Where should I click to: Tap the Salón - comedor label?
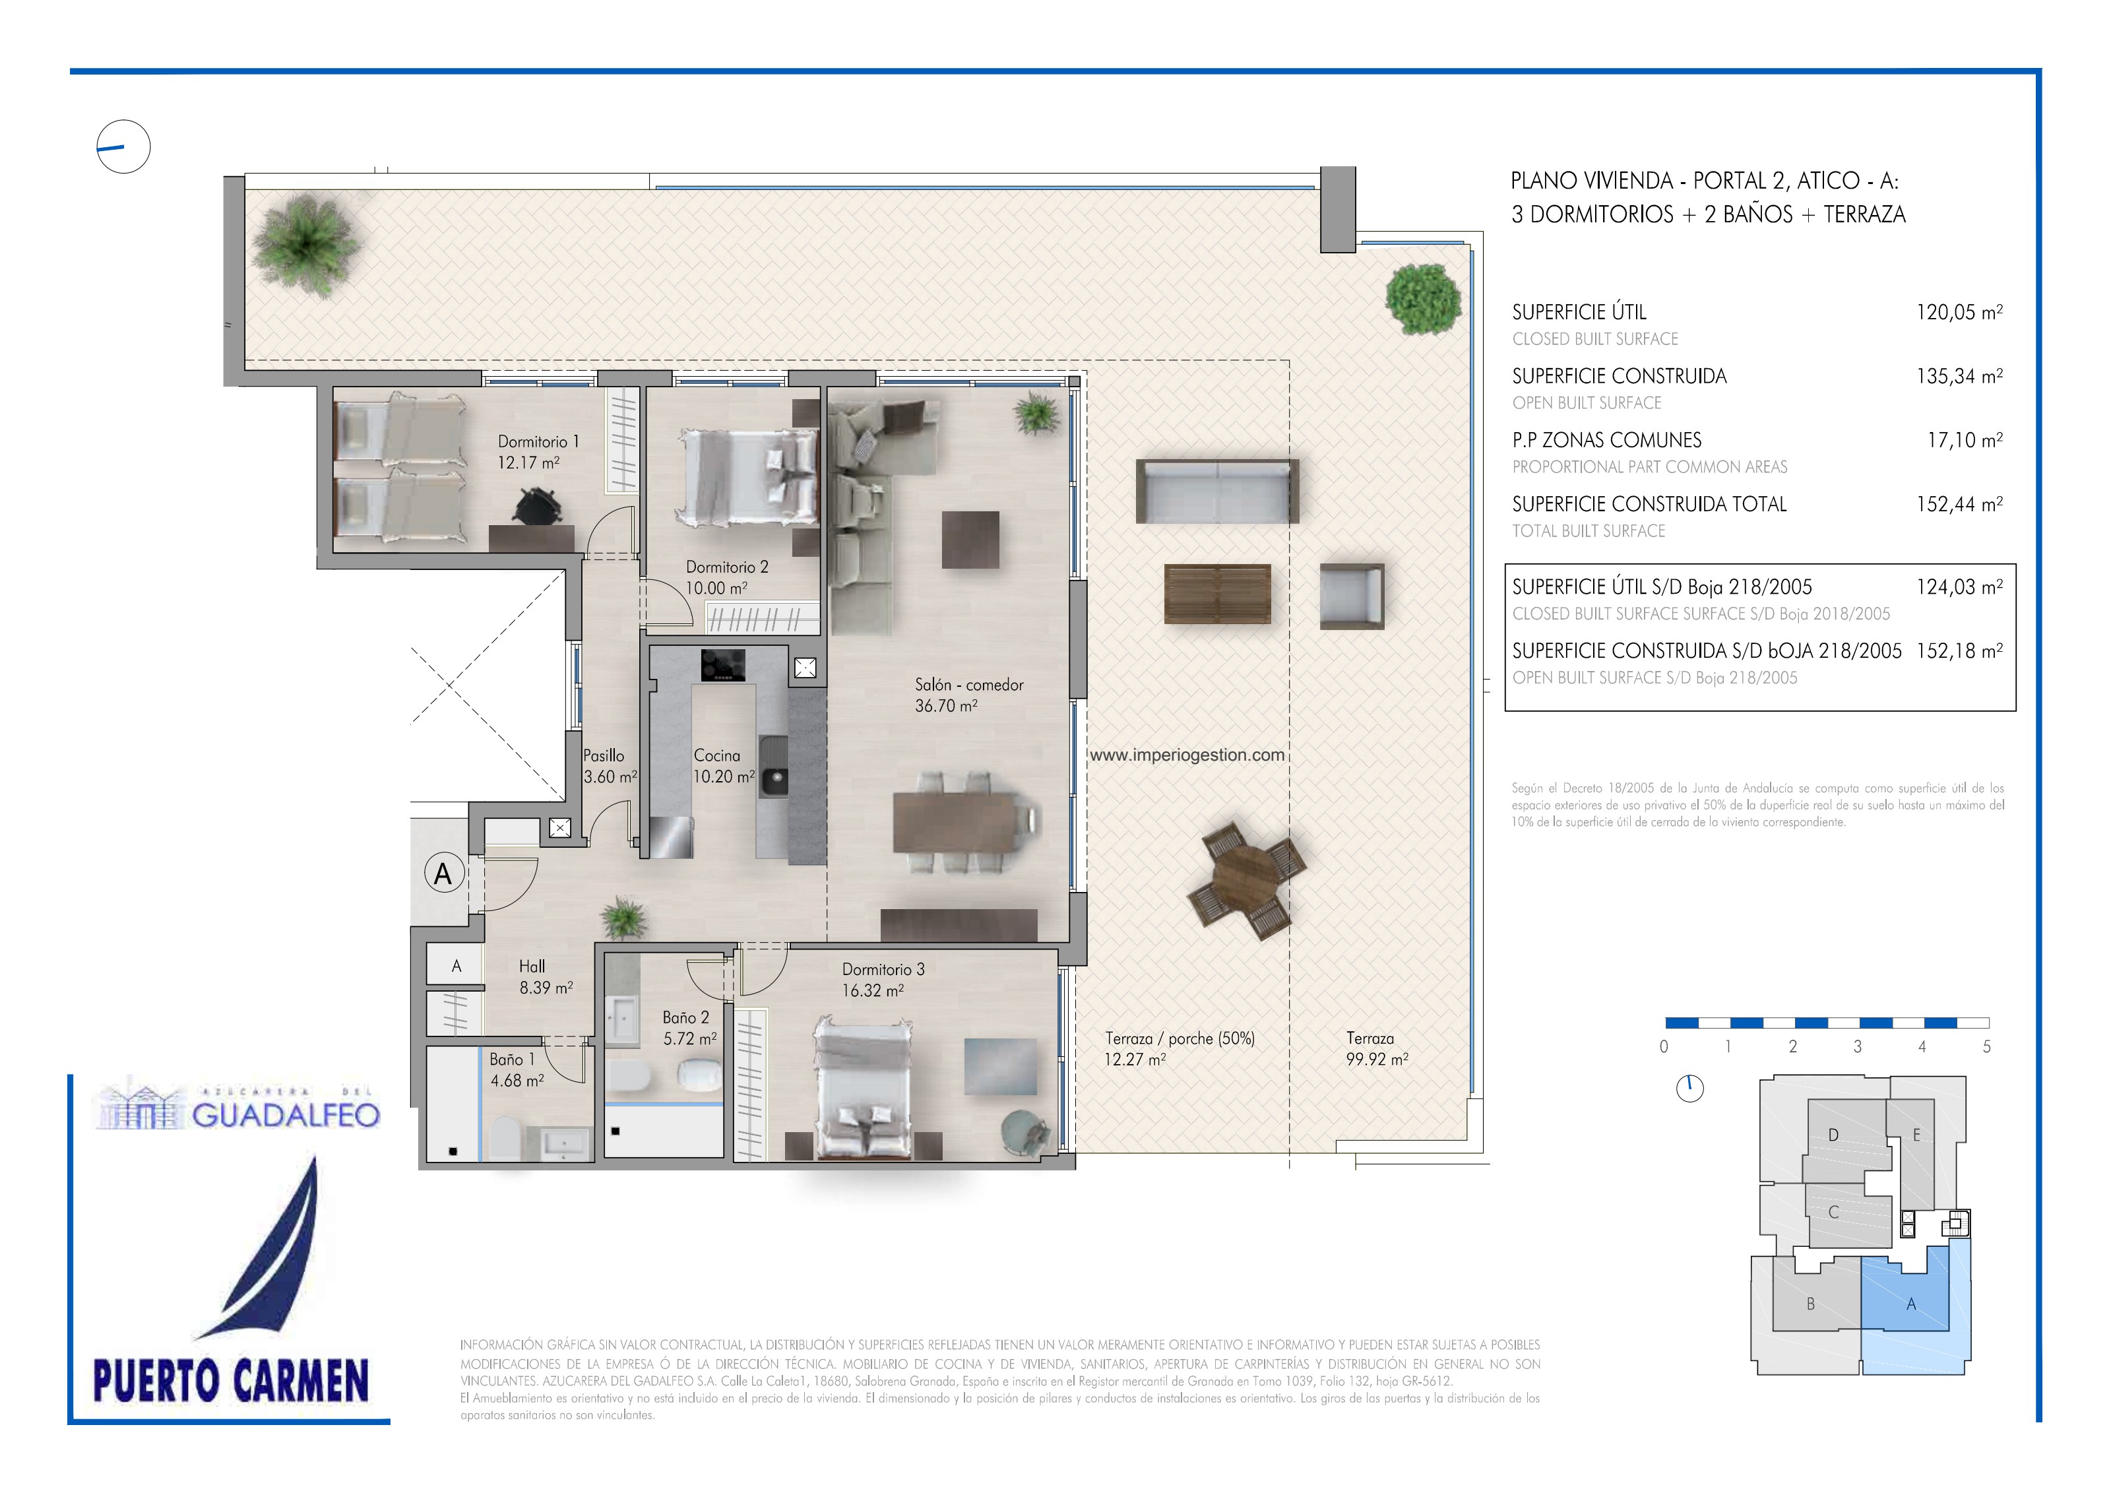tap(968, 685)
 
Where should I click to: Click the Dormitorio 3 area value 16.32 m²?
tap(873, 991)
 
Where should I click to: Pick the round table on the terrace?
tap(1246, 879)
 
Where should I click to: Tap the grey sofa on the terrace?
tap(1217, 492)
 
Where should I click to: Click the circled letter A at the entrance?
tap(443, 874)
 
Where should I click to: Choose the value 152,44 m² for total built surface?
tap(1959, 504)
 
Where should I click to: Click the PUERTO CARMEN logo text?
tap(231, 1381)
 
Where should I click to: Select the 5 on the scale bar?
tap(1987, 1047)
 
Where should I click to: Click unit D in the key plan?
tap(1833, 1135)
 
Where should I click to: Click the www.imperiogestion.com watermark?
tap(1187, 755)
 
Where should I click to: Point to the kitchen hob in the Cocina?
tap(722, 664)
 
